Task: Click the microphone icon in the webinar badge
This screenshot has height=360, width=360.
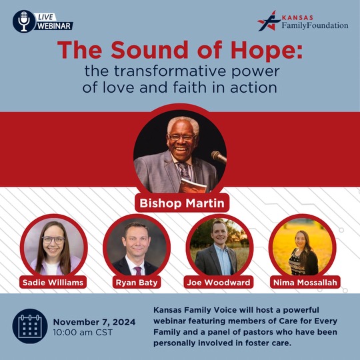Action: [x=24, y=21]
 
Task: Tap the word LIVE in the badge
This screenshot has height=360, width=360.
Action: [x=45, y=17]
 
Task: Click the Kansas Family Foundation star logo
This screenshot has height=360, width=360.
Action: [x=269, y=21]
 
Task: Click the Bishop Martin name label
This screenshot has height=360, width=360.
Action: [x=182, y=203]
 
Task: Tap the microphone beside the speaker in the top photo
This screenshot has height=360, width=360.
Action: [x=219, y=157]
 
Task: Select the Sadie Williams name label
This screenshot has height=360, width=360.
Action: [x=53, y=282]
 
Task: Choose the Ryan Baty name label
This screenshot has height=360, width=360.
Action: [x=137, y=282]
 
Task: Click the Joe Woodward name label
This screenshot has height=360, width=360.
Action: [x=219, y=282]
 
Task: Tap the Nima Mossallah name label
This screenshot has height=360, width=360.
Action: [x=305, y=282]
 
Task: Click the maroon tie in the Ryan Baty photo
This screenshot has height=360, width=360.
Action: [x=137, y=271]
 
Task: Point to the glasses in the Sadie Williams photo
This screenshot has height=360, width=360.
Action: [x=53, y=240]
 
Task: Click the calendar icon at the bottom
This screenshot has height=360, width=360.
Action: [x=30, y=326]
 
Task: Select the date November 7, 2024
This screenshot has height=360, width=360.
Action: [x=94, y=322]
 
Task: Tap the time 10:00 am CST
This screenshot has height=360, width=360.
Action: [x=83, y=333]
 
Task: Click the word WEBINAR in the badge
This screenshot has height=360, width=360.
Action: [x=54, y=26]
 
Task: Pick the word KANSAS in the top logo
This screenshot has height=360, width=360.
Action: [x=297, y=18]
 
